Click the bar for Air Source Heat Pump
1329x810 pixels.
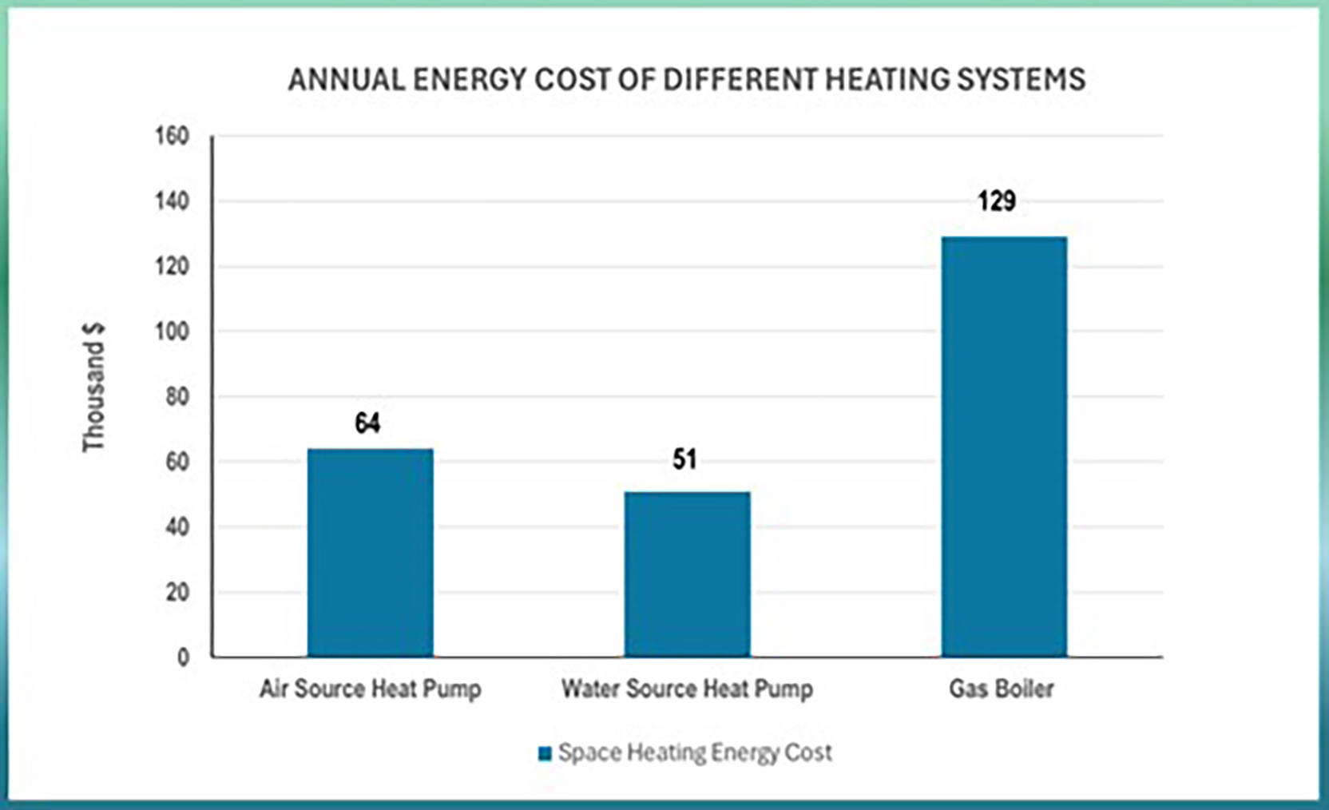pyautogui.click(x=371, y=553)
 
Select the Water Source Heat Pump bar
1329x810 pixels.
pyautogui.click(x=687, y=574)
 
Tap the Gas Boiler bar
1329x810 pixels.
pyautogui.click(x=1004, y=447)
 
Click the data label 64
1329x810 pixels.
pyautogui.click(x=367, y=423)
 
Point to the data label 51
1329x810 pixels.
pyautogui.click(x=684, y=459)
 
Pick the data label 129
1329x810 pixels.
pyautogui.click(x=997, y=201)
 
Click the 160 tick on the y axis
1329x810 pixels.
pyautogui.click(x=172, y=136)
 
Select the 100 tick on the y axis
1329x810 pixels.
pyautogui.click(x=172, y=332)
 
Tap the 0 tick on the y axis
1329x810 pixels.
pyautogui.click(x=183, y=657)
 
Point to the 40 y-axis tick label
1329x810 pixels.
pyautogui.click(x=177, y=527)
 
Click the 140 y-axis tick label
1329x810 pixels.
pyautogui.click(x=172, y=201)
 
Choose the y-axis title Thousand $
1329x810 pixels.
pyautogui.click(x=93, y=387)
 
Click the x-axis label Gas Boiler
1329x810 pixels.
pyautogui.click(x=1002, y=689)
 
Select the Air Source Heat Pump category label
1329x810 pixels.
pyautogui.click(x=371, y=689)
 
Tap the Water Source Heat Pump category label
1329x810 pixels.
pyautogui.click(x=687, y=689)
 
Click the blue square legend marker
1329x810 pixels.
pyautogui.click(x=545, y=754)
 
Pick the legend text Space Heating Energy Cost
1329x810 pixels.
pyautogui.click(x=695, y=752)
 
